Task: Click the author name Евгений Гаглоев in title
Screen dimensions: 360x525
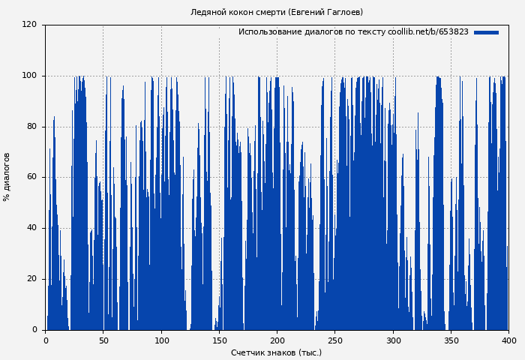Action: (325, 13)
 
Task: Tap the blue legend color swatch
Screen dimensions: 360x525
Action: (486, 32)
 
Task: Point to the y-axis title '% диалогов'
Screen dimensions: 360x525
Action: (7, 177)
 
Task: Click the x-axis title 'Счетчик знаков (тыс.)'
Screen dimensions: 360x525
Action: (276, 352)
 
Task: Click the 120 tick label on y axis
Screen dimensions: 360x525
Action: (29, 25)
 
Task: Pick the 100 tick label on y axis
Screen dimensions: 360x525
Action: (29, 76)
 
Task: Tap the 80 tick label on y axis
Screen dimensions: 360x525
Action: (31, 127)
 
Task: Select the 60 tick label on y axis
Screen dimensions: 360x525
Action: (31, 178)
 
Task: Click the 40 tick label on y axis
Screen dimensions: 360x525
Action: (31, 228)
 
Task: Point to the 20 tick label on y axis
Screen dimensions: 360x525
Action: (31, 279)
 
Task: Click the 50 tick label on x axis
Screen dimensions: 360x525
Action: (103, 340)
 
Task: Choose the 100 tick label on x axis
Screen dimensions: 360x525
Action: (161, 340)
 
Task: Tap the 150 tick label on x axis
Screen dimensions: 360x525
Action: (219, 340)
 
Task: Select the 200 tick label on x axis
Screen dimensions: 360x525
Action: (277, 340)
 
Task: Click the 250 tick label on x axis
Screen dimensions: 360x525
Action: (334, 340)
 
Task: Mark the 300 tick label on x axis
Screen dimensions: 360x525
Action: (393, 340)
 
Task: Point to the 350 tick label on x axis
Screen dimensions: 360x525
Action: (451, 340)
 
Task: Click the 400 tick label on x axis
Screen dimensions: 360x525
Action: (508, 340)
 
